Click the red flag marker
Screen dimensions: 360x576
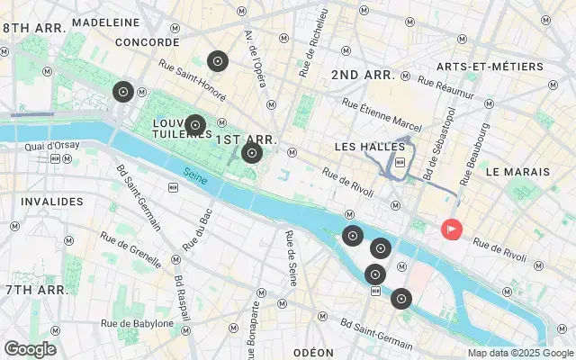(451, 230)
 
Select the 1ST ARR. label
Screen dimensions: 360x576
(246, 140)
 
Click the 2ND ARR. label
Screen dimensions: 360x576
(364, 75)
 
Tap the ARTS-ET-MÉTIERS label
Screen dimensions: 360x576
(489, 67)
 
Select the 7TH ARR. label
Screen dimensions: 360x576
(35, 290)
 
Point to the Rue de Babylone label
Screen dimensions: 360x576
(137, 323)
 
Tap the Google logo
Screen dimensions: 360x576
(30, 349)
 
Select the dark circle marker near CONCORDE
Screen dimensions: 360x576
(123, 91)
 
